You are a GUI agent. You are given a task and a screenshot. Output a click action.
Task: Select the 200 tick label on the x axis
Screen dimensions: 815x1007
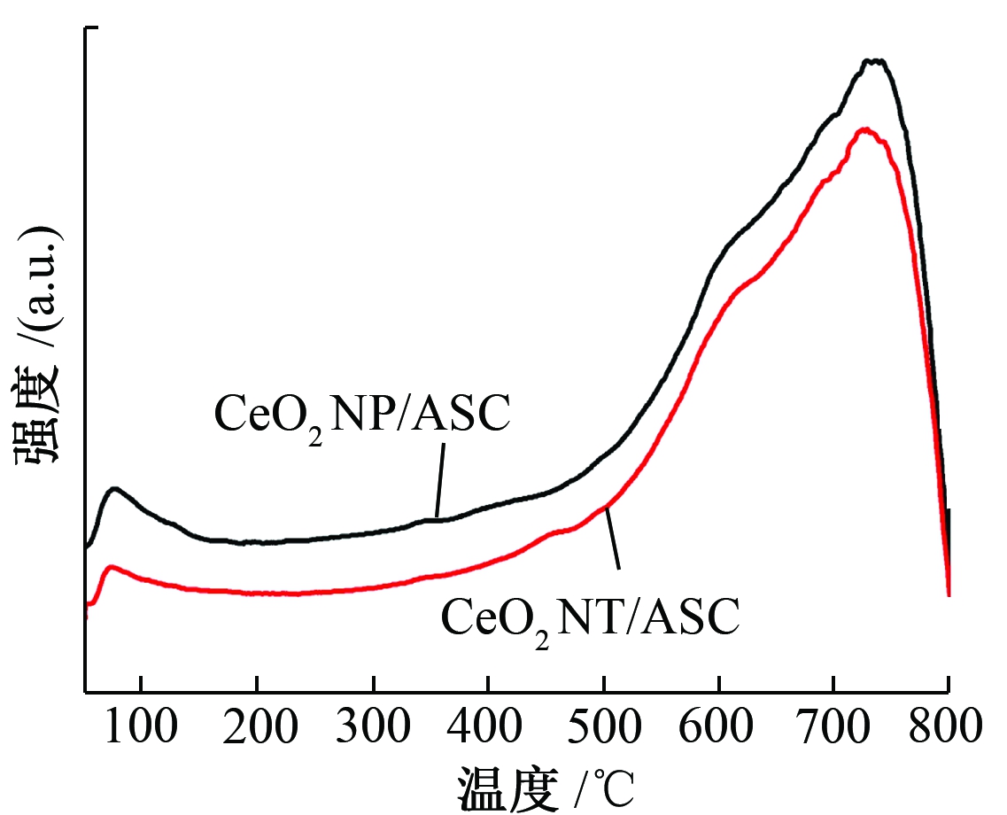(x=256, y=728)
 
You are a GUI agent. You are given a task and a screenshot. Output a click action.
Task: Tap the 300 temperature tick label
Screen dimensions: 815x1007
(x=373, y=728)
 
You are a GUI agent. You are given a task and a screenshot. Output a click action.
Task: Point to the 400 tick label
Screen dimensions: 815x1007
(x=488, y=728)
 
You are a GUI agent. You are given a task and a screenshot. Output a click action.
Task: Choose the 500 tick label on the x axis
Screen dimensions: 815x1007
(x=603, y=728)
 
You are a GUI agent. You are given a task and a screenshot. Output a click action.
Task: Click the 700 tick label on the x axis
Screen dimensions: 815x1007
(x=834, y=728)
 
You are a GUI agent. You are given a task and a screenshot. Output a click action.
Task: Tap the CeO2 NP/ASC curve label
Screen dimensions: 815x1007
(x=362, y=415)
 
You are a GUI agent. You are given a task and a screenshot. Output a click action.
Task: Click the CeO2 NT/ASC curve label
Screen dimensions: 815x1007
(x=590, y=617)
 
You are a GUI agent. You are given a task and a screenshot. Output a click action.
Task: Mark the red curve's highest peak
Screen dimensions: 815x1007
(x=864, y=129)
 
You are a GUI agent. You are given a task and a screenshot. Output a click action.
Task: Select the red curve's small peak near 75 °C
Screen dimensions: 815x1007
(x=111, y=566)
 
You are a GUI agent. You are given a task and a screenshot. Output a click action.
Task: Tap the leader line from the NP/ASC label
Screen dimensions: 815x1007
(x=440, y=479)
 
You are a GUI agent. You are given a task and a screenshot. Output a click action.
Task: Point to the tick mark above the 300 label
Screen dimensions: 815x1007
(x=373, y=686)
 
